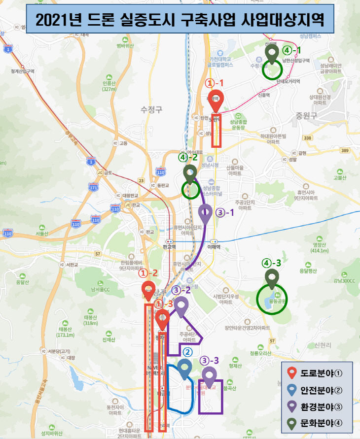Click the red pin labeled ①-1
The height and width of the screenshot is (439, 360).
coord(216,101)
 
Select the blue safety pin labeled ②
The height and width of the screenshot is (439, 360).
coord(185,369)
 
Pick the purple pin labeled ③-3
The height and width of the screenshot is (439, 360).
coord(210,376)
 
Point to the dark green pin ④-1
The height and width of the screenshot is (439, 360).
coord(271,54)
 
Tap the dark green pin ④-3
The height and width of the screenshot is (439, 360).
coord(271,278)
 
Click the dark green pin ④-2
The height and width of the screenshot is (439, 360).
coord(190,173)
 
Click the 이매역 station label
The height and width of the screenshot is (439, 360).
coord(214,247)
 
